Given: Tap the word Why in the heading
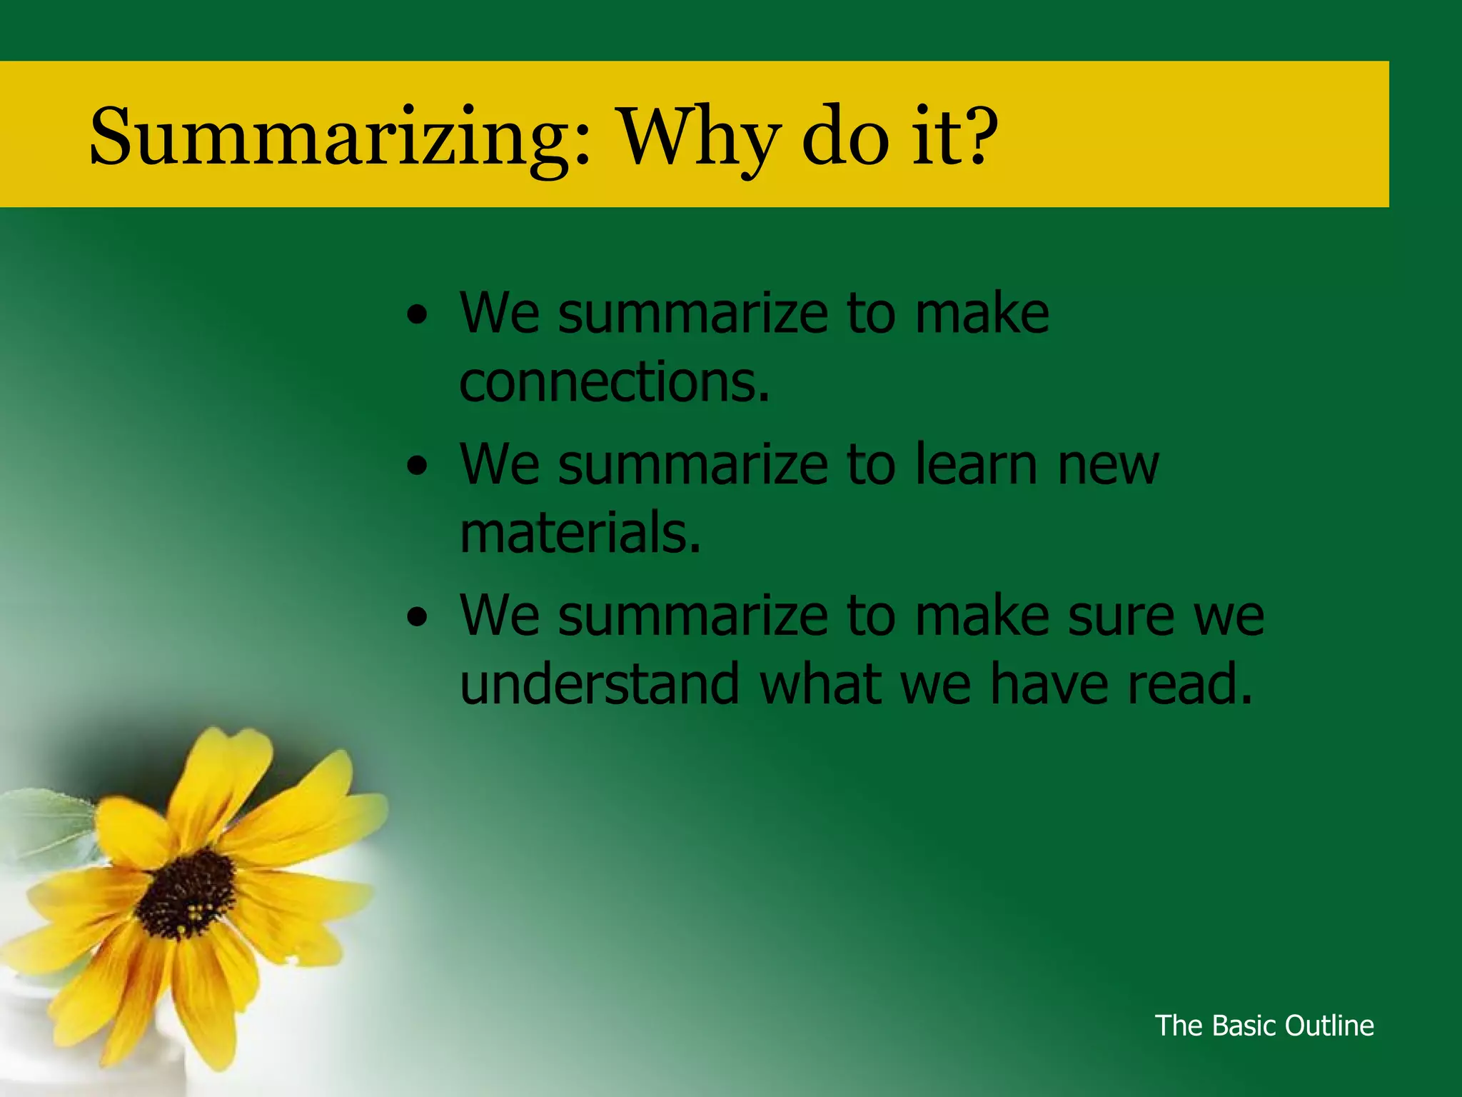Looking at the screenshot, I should click(696, 137).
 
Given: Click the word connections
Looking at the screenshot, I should click(614, 382).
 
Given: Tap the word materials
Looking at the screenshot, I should click(580, 534).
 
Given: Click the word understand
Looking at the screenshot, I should click(600, 684).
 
